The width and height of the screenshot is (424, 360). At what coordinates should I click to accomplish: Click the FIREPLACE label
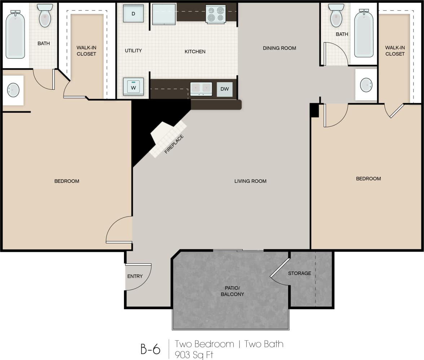[174, 144]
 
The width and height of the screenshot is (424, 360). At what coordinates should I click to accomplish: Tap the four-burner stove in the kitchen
[216, 14]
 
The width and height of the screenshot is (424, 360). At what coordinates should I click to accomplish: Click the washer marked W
[133, 87]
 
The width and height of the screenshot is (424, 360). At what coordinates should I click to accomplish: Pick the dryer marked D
[133, 13]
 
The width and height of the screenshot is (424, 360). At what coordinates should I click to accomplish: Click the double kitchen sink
[201, 89]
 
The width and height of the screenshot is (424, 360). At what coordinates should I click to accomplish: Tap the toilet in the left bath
[45, 16]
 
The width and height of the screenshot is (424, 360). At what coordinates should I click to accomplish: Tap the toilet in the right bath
[336, 16]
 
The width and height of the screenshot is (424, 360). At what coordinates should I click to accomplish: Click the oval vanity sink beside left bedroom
[13, 90]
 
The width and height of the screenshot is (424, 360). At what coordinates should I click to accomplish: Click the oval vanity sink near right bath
[366, 85]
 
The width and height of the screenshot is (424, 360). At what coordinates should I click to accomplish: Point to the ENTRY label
[135, 276]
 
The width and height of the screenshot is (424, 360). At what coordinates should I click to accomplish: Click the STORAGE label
[299, 273]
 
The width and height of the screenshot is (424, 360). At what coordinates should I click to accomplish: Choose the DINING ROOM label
[279, 48]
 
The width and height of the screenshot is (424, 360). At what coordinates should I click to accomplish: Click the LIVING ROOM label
[250, 181]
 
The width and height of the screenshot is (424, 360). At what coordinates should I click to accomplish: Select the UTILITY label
[133, 50]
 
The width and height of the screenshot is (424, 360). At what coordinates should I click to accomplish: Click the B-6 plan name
[150, 349]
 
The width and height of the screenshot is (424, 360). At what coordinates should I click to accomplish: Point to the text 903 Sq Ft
[194, 355]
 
